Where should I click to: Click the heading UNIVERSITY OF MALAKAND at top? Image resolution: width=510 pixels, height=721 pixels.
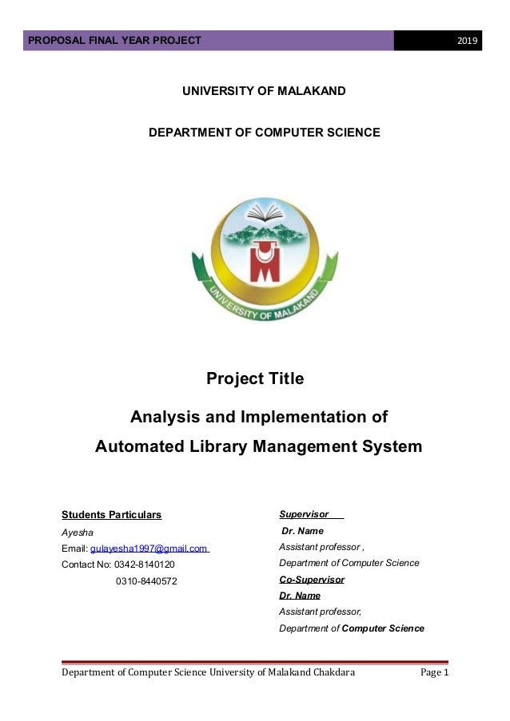pos(264,92)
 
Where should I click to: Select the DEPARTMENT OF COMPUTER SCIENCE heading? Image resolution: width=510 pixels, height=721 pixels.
pos(265,131)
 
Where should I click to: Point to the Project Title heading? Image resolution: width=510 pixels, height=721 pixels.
pos(255,378)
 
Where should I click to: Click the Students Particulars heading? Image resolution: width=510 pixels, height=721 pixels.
pos(111,514)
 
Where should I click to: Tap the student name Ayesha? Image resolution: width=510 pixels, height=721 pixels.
pos(77,532)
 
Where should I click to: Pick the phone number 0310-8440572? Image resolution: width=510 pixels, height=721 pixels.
pos(146,580)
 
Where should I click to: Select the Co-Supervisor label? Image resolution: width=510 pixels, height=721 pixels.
pos(311,580)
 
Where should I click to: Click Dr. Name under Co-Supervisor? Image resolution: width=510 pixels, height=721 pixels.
pos(299,596)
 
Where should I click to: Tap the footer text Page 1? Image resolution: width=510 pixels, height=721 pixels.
pos(435,675)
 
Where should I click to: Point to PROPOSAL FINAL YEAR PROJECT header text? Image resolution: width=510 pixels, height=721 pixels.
pos(115,41)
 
